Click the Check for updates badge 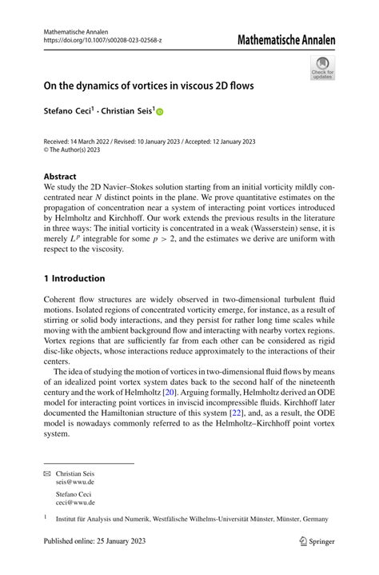[322, 67]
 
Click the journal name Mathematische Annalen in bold [286, 40]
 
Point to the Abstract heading [60, 177]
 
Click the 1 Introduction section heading [74, 278]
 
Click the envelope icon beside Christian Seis [46, 473]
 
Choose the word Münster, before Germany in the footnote [287, 519]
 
